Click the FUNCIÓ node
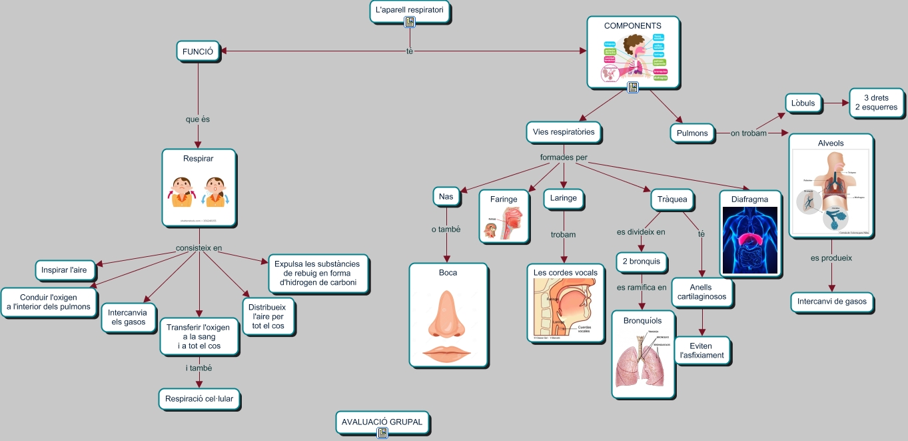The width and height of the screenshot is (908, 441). [198, 51]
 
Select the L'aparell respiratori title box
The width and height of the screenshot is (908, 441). [410, 11]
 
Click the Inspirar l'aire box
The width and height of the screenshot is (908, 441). [65, 270]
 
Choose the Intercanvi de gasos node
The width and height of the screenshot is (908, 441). [832, 302]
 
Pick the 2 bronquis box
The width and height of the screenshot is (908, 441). [642, 262]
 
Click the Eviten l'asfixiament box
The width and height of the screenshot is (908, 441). [701, 351]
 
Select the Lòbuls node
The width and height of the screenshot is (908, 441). [803, 103]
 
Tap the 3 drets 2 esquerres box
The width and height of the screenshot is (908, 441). [875, 103]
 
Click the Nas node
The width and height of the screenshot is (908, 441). [446, 197]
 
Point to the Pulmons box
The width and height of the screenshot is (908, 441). [692, 133]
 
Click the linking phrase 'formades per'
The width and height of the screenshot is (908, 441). [564, 158]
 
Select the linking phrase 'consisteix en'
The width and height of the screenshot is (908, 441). [199, 248]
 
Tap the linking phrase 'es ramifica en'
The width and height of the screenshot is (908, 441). [642, 288]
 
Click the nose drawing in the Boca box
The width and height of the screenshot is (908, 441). [448, 317]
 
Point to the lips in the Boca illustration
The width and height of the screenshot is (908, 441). [448, 353]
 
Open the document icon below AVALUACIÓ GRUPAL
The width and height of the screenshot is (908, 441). [382, 433]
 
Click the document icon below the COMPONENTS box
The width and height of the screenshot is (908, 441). [632, 87]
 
